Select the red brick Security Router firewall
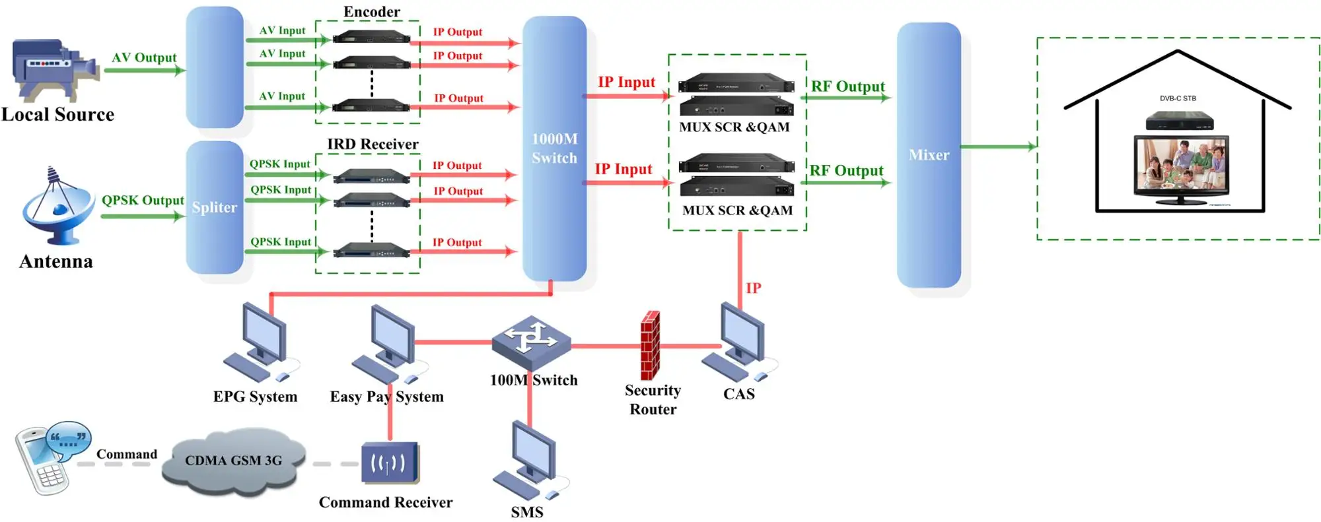click(x=650, y=345)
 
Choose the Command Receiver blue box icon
click(x=390, y=463)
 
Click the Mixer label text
click(x=929, y=155)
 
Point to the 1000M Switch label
click(x=555, y=148)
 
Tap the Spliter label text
click(x=215, y=207)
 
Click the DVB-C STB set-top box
click(x=1179, y=120)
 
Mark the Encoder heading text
click(x=372, y=12)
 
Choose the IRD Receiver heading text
click(x=373, y=144)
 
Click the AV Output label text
click(x=144, y=57)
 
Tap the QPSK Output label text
click(x=143, y=200)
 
